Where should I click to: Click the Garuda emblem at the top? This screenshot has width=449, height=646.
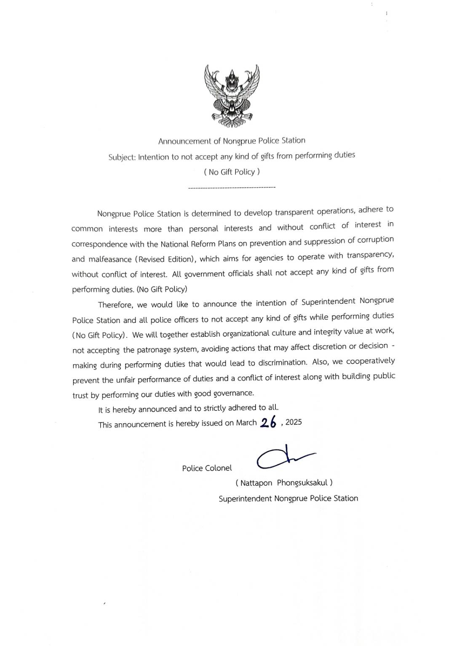coord(232,96)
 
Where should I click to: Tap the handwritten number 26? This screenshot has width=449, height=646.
coord(268,423)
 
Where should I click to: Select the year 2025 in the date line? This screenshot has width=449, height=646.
coord(294,422)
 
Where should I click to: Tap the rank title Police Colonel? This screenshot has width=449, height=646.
coord(207,468)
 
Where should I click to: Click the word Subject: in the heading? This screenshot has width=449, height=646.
coord(122,157)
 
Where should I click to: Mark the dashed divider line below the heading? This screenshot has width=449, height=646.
coord(232,187)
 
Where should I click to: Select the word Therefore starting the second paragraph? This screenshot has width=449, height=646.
coord(115,305)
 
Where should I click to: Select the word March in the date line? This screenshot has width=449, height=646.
coord(246,423)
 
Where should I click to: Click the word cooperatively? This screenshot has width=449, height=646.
coord(371,361)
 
